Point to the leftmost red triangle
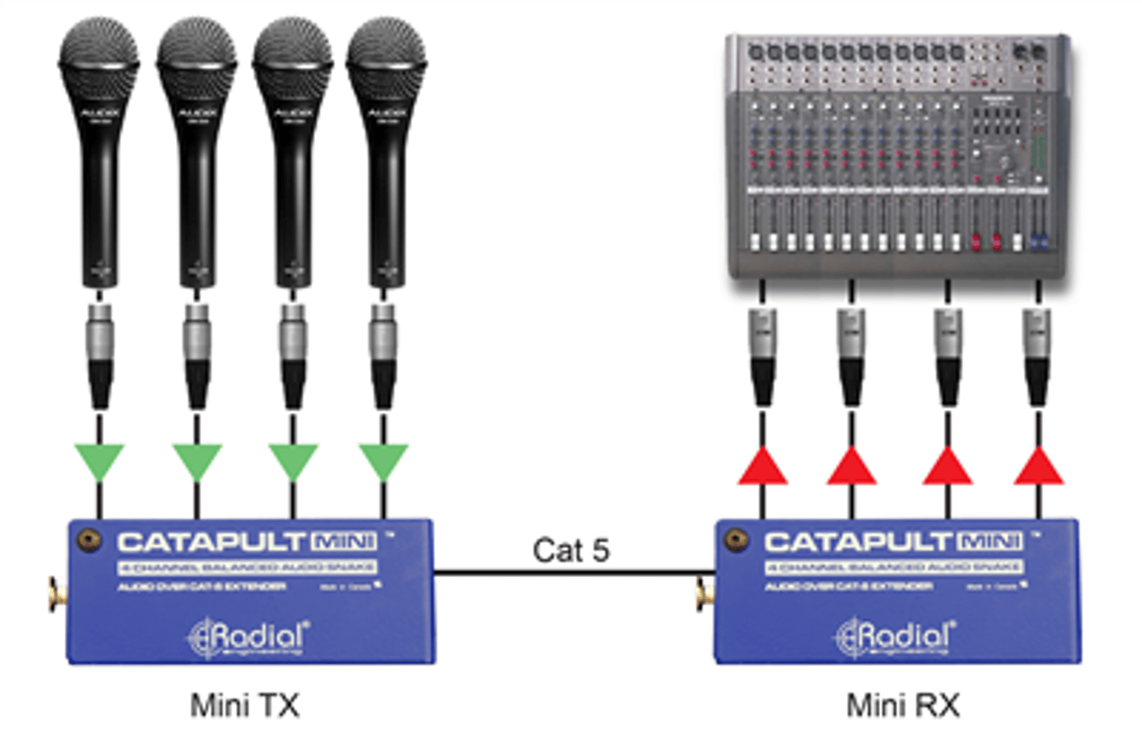(763, 467)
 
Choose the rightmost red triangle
(1038, 467)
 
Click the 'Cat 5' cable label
(571, 550)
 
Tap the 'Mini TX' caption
(244, 706)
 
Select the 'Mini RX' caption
(903, 706)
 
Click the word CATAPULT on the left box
(211, 542)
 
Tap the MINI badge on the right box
(990, 541)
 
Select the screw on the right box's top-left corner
(736, 540)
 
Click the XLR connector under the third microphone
(293, 356)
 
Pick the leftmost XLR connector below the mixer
(763, 356)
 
